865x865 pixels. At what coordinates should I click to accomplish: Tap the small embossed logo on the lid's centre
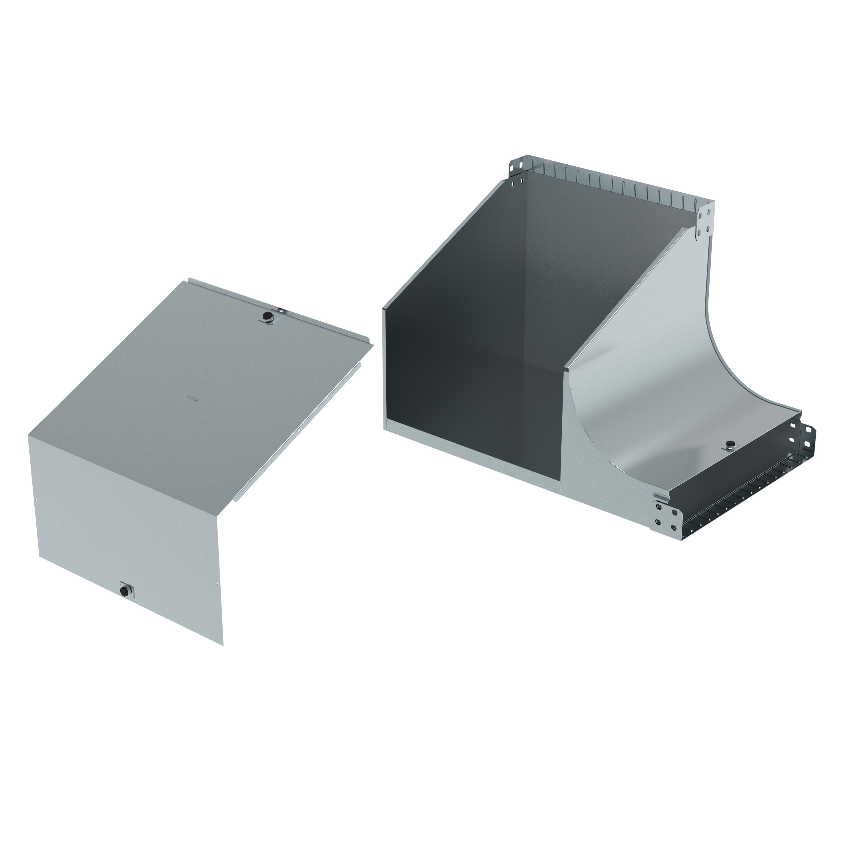192,396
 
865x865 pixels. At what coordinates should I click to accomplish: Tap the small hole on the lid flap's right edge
217,583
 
